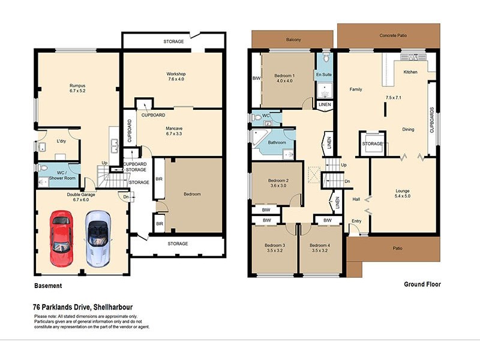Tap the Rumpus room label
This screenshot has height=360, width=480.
pos(77,89)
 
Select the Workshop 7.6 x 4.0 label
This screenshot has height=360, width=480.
pos(176,77)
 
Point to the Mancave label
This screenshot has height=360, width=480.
pos(178,131)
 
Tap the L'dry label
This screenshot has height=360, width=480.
pos(61,140)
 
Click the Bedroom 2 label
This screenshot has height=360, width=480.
pos(278,184)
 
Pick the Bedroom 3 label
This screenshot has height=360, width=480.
pos(275,248)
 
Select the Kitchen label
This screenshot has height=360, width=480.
pos(410,72)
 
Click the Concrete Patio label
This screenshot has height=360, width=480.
pos(393,36)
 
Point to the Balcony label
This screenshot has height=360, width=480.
pos(293,40)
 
